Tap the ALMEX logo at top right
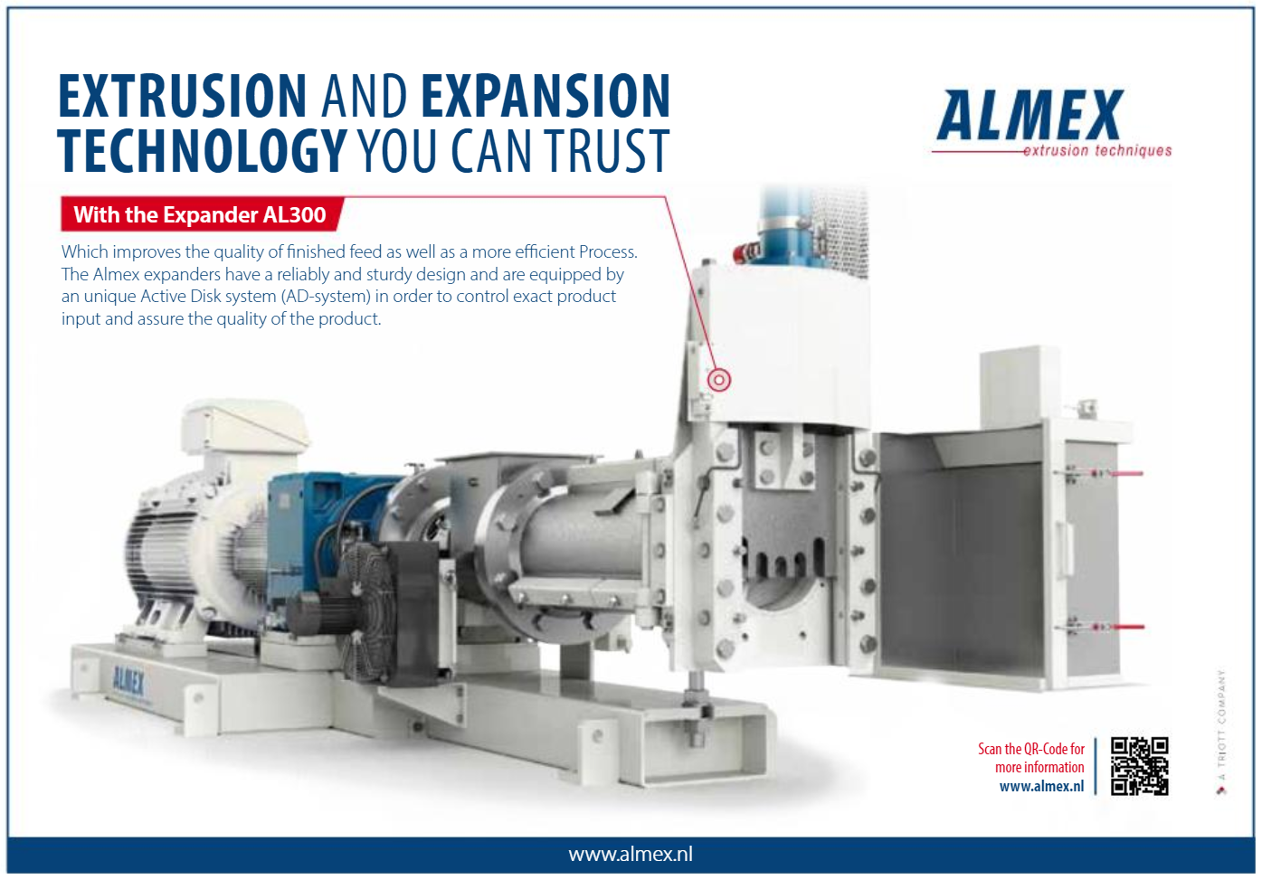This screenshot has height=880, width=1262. (1030, 116)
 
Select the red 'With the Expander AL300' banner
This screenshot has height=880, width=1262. (200, 215)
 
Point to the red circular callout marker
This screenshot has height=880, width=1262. (719, 380)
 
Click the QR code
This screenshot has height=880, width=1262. (1139, 766)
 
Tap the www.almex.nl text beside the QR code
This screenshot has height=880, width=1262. (1041, 787)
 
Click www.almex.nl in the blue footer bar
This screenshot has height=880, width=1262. (631, 855)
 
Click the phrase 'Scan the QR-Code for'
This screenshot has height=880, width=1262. (1030, 749)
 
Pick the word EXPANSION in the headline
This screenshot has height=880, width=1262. (546, 97)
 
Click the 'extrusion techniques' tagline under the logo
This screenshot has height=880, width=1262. (1096, 151)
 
